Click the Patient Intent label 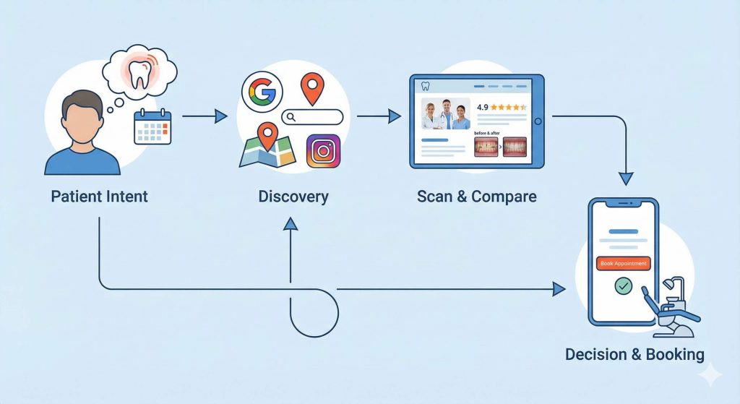[99, 197]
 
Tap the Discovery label [293, 197]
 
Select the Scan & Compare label [476, 197]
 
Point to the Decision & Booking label [634, 354]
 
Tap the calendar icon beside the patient [152, 127]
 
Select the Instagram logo [323, 151]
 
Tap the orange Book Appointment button [623, 264]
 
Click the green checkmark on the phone [622, 287]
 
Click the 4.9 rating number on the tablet [482, 107]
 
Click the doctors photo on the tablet [446, 113]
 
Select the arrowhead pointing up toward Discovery [291, 225]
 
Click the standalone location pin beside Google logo [311, 90]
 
